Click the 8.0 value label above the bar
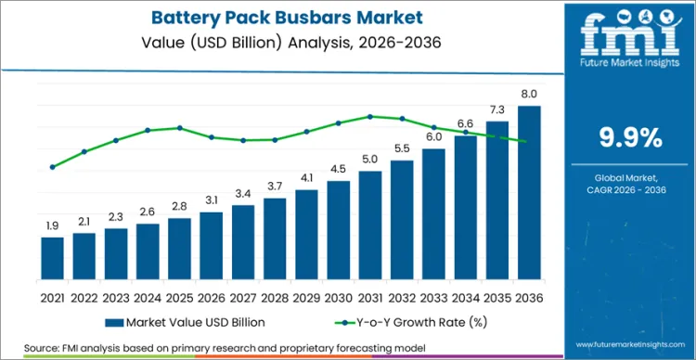pos(529,95)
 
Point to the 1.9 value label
pos(53,225)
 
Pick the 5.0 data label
pos(370,160)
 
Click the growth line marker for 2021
pos(53,167)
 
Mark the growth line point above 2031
pos(370,116)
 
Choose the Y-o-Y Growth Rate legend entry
pos(398,321)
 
